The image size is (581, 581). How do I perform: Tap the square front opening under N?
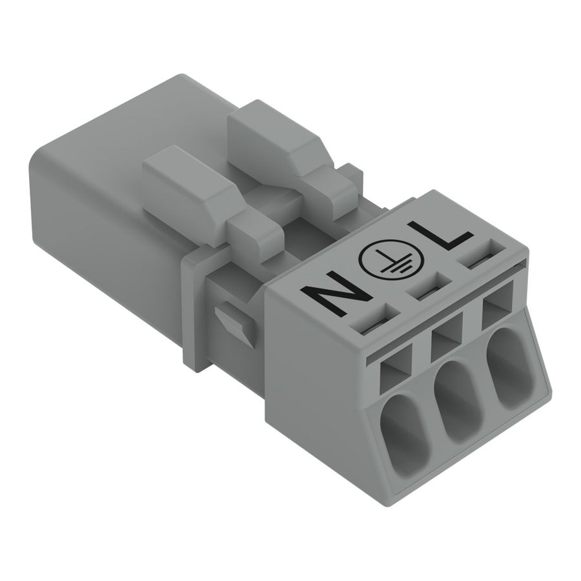coord(393,373)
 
